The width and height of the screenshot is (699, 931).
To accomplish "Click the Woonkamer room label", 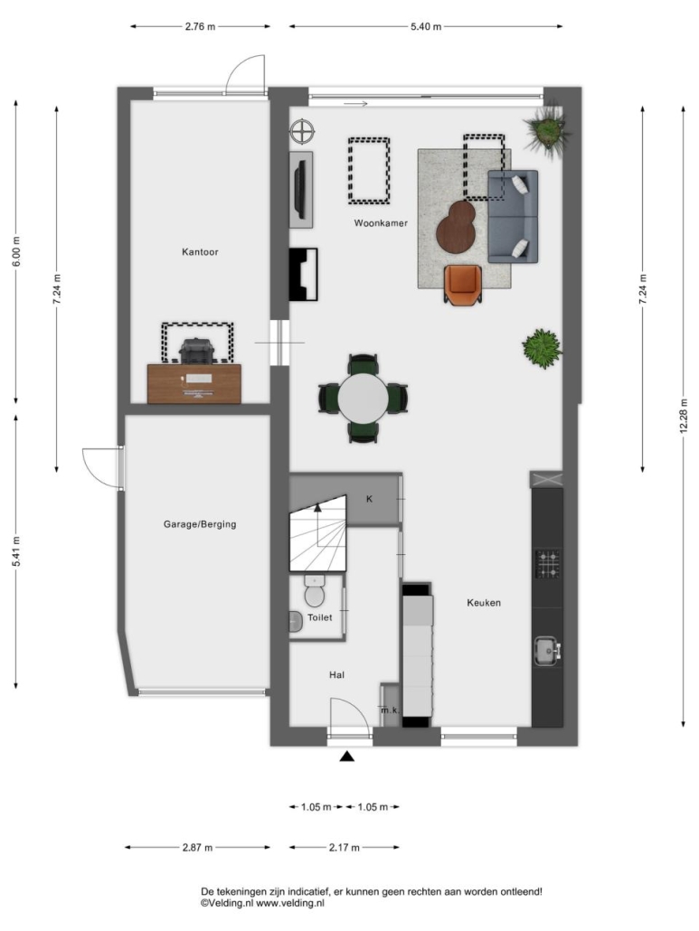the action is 381,223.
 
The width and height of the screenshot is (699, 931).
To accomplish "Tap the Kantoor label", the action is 200,252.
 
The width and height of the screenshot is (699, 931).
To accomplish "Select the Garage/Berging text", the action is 200,524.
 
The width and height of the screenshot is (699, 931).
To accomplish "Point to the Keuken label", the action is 484,603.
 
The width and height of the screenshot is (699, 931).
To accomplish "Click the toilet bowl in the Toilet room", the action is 314,591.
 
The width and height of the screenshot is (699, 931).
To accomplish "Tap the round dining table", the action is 363,398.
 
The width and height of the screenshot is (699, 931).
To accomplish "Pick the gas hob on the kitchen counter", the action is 548,564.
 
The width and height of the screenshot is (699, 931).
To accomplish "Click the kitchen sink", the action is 547,652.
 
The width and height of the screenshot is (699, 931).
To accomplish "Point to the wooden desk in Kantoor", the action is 194,383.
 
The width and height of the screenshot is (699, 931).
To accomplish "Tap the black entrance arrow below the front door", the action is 347,757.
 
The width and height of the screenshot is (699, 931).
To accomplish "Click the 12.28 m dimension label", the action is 684,414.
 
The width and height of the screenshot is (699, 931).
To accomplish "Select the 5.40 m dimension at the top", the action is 426,26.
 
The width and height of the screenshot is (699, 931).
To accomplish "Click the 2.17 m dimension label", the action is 345,847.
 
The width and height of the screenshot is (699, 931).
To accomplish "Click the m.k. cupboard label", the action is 390,710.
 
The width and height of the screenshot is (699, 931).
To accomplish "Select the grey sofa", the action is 513,217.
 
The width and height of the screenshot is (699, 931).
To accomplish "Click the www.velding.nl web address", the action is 289,903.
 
